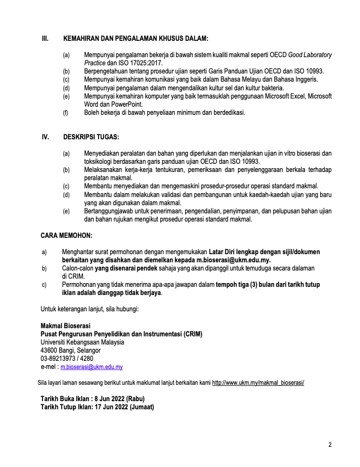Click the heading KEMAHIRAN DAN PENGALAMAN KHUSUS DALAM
coord(136,39)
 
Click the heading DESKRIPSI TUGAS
coord(92,137)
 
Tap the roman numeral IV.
coord(46,137)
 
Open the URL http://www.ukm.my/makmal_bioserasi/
coord(258,383)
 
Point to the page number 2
coord(330,445)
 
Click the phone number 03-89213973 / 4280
coord(67,359)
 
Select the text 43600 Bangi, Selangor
coord(71,351)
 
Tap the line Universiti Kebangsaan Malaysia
coord(82,342)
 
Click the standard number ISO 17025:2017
coord(139,63)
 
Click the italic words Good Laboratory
coord(310,55)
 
